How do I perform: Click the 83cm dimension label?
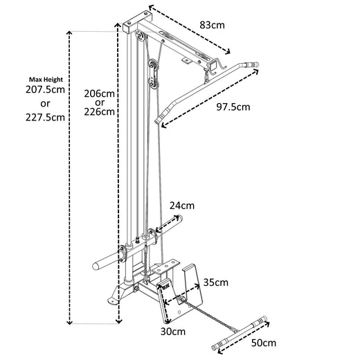[213, 25]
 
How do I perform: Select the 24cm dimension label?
[182, 206]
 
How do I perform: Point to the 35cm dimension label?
[217, 282]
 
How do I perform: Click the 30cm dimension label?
[173, 332]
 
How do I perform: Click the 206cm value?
[98, 93]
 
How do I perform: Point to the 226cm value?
[98, 111]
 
